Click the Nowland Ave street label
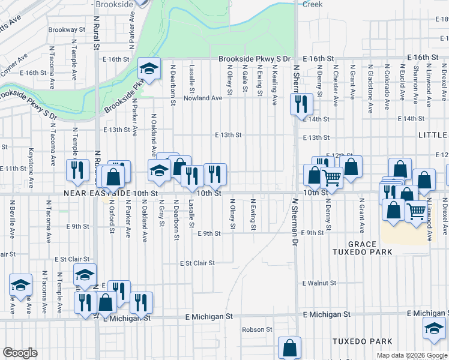pos(203,98)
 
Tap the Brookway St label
pos(67,29)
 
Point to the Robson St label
pos(257,329)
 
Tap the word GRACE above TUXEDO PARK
pos(361,244)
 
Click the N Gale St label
pos(245,79)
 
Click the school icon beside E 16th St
pos(148,70)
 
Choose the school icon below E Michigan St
pos(433,328)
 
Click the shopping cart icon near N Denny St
pos(331,176)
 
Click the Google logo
pos(20,353)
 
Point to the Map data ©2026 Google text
pos(411,355)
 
